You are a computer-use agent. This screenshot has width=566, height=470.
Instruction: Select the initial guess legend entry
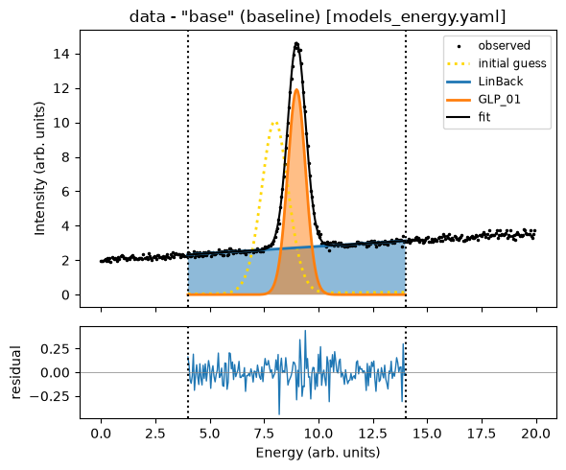(496, 63)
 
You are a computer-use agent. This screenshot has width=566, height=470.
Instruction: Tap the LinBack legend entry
(484, 82)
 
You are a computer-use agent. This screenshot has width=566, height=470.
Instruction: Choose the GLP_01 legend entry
(483, 99)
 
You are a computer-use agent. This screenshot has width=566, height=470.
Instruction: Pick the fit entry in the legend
(468, 117)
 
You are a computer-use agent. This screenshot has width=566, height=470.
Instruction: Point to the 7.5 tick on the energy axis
(264, 434)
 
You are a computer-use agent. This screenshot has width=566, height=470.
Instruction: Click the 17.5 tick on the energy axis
(482, 434)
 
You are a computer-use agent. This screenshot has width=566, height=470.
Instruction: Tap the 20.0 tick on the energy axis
(536, 434)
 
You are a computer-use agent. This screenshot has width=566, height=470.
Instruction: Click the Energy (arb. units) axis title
(318, 453)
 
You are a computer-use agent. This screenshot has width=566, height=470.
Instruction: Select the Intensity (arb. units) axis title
(40, 169)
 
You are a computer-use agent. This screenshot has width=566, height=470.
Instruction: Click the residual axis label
(16, 372)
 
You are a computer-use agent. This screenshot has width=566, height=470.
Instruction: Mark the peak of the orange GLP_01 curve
(296, 89)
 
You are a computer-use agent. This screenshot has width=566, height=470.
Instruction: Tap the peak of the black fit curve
(296, 44)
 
